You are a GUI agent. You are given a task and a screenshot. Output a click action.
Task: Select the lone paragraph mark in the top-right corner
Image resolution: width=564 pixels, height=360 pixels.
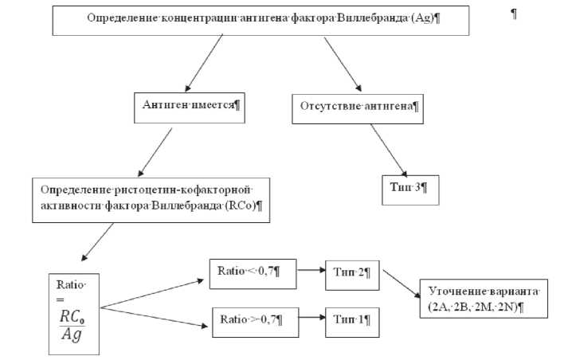(513, 15)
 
